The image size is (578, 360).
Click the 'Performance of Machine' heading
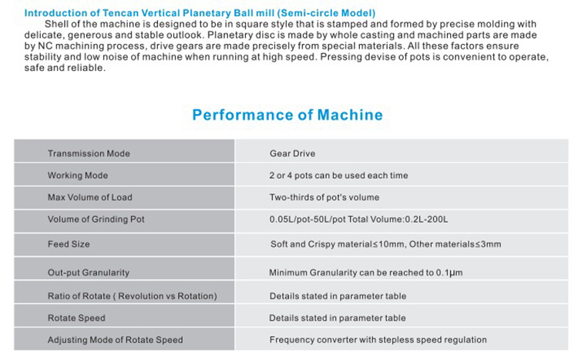click(287, 115)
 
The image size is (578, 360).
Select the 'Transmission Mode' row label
click(89, 153)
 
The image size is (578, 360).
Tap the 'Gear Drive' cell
click(292, 153)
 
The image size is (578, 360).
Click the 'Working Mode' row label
click(78, 175)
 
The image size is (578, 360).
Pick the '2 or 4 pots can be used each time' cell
click(339, 175)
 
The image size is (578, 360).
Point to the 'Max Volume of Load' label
click(90, 197)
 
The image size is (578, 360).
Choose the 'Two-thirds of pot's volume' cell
click(324, 197)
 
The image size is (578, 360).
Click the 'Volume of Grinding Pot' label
click(96, 219)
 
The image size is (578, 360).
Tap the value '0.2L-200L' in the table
click(426, 220)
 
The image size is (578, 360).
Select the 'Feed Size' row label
click(69, 244)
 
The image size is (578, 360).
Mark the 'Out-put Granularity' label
click(89, 273)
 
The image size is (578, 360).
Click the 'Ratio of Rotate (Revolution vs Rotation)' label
click(133, 296)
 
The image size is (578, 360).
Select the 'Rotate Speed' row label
click(76, 318)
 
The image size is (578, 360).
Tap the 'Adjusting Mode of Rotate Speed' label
click(115, 340)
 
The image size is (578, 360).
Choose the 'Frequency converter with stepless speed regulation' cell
click(378, 340)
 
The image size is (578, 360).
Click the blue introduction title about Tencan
click(200, 13)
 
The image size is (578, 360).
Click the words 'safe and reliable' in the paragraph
click(64, 68)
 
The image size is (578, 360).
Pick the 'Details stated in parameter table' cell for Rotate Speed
click(338, 318)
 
